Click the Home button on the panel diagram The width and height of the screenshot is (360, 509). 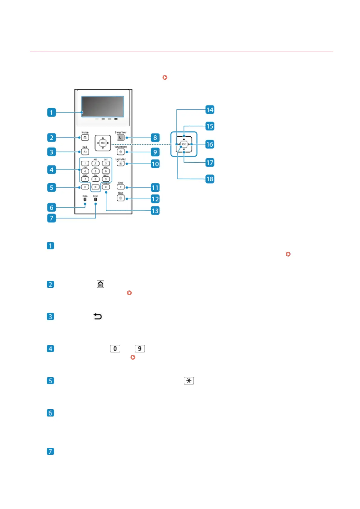click(85, 138)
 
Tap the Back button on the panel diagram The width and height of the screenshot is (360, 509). click(85, 152)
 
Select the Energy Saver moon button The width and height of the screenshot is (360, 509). click(120, 138)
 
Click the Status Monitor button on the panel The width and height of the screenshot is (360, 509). click(120, 152)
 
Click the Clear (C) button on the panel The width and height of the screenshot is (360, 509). click(120, 187)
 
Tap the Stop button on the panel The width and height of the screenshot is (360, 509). click(120, 198)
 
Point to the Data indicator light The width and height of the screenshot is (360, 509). click(85, 199)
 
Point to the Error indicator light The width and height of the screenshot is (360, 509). click(95, 199)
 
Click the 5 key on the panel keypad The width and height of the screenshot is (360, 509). click(95, 171)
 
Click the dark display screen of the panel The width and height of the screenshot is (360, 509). click(103, 106)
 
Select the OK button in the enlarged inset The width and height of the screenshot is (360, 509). click(184, 144)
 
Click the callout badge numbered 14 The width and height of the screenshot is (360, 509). click(210, 109)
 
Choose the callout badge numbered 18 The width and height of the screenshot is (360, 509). click(210, 179)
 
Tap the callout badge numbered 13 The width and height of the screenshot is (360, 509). click(155, 211)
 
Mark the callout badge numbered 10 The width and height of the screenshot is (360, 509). click(155, 164)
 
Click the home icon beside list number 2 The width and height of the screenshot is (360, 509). click(101, 284)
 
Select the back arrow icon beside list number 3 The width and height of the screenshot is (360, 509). click(98, 316)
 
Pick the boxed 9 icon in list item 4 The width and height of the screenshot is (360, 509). click(140, 349)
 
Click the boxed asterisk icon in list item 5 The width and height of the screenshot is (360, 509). click(189, 381)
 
